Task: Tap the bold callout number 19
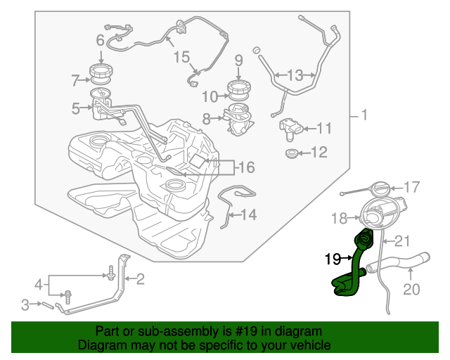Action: pyautogui.click(x=333, y=259)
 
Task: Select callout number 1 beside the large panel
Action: pyautogui.click(x=364, y=115)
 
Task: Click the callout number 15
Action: pyautogui.click(x=181, y=57)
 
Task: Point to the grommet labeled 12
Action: pyautogui.click(x=292, y=153)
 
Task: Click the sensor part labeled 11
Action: pyautogui.click(x=290, y=129)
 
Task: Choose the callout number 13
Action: pyautogui.click(x=295, y=75)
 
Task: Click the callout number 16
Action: pyautogui.click(x=247, y=167)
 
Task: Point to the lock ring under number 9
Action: pyautogui.click(x=239, y=87)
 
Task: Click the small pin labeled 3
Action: pyautogui.click(x=48, y=306)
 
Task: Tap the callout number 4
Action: pyautogui.click(x=39, y=285)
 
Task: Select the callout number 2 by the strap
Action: pyautogui.click(x=140, y=279)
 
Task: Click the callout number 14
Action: pyautogui.click(x=248, y=214)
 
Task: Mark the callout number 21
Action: pyautogui.click(x=402, y=241)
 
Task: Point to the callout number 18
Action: pyautogui.click(x=339, y=219)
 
